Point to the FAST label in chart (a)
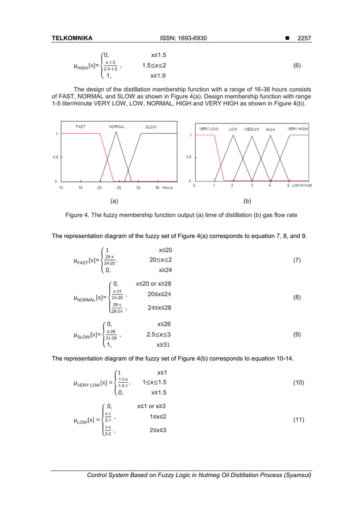click(x=81, y=126)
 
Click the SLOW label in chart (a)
click(x=151, y=126)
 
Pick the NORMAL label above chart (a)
click(x=117, y=126)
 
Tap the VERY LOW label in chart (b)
click(x=208, y=129)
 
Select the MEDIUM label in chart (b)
click(x=251, y=129)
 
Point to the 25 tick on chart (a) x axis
click(x=118, y=187)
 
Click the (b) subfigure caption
click(x=247, y=201)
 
